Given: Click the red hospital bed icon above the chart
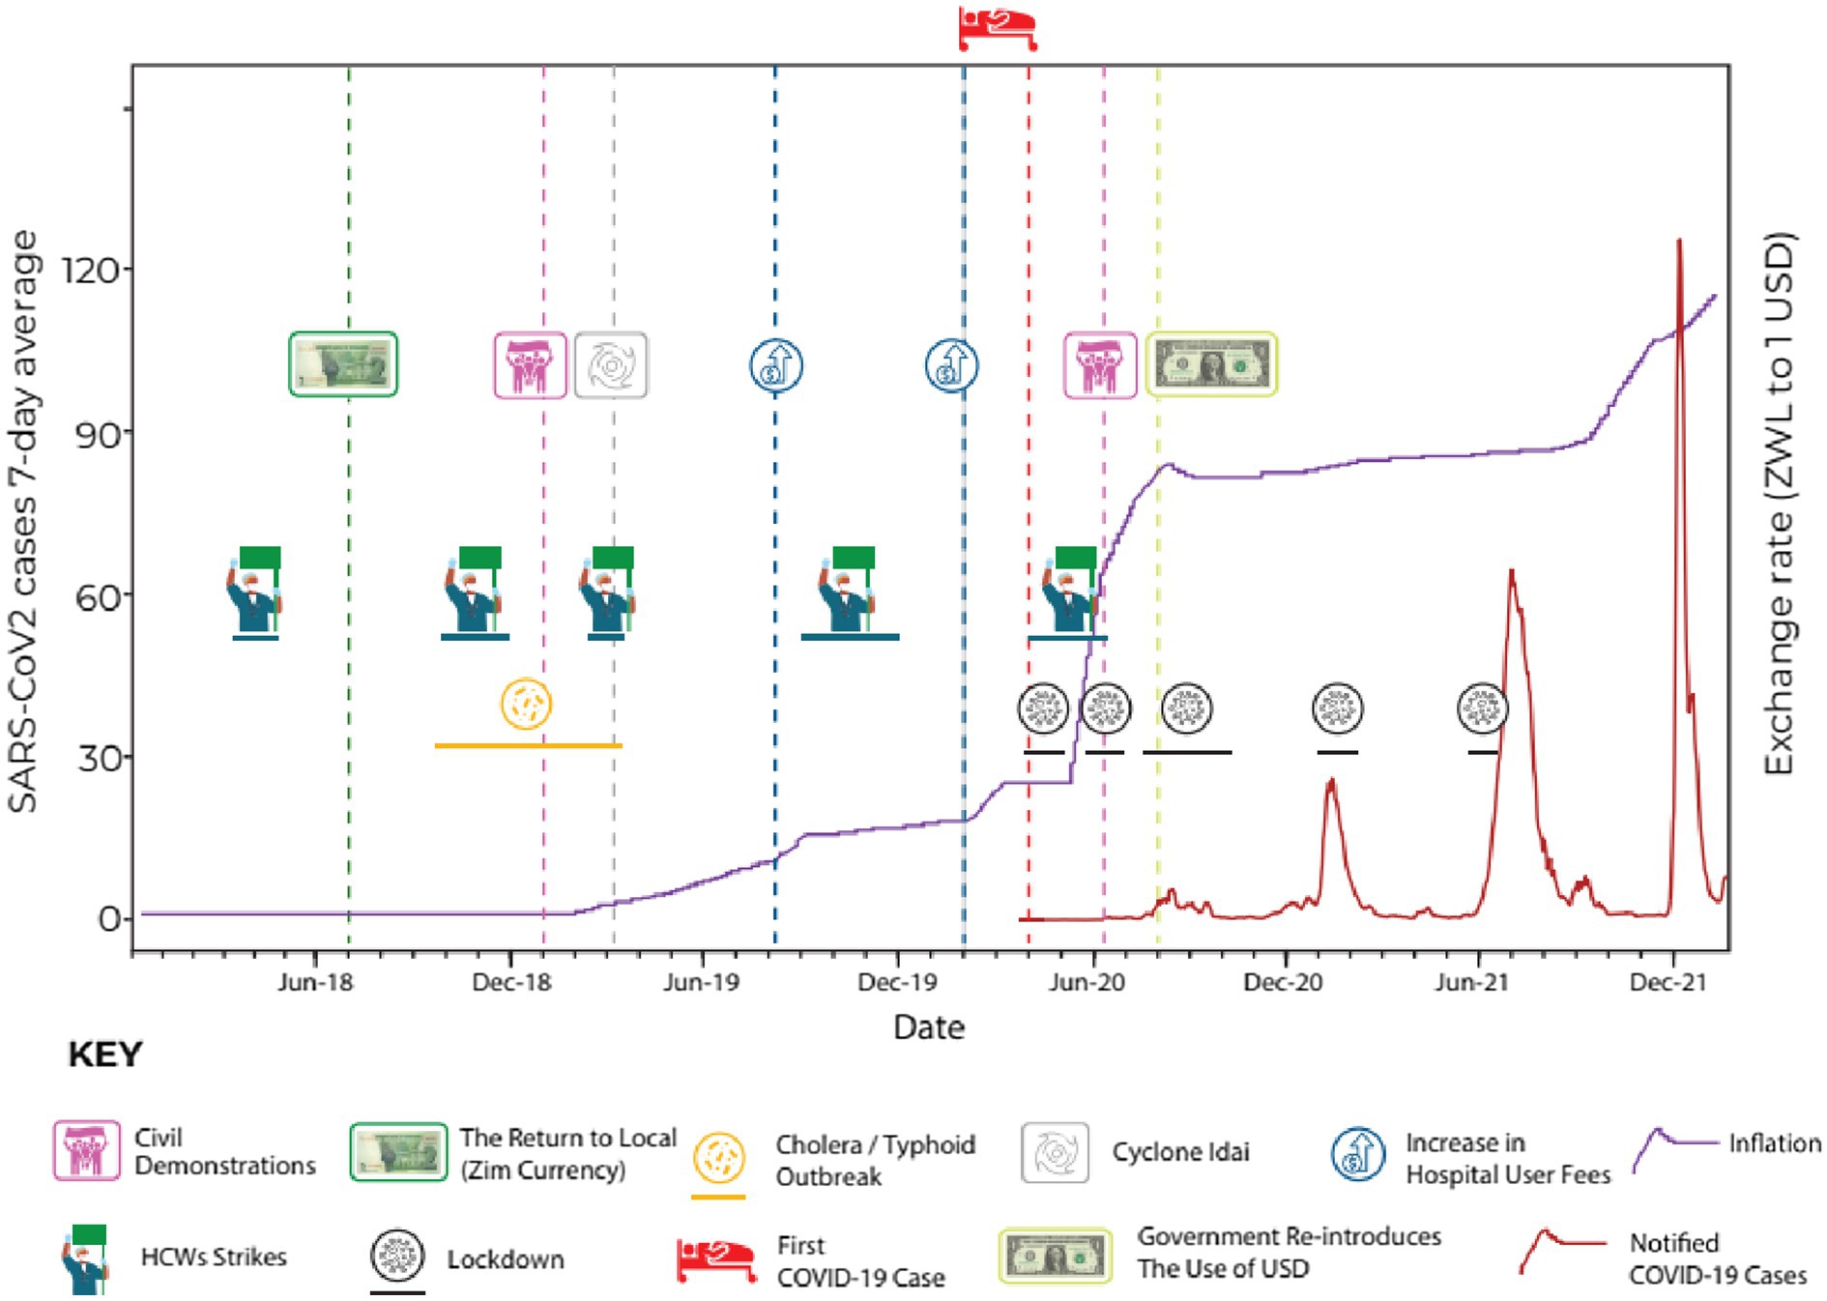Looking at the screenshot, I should coord(998,27).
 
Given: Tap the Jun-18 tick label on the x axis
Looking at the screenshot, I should coord(315,983).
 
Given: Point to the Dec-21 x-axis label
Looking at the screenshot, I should coord(1667,983).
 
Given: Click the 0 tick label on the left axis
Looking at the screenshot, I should coord(110,918).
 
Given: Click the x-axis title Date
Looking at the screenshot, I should coord(928,1026).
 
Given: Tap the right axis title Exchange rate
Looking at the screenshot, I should coord(1779,503).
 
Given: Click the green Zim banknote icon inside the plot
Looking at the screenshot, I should coord(343,364).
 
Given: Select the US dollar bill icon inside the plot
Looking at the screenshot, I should coord(1211,364).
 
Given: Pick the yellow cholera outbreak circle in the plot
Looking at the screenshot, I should coord(527,704).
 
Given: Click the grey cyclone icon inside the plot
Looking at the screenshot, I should coord(611,365).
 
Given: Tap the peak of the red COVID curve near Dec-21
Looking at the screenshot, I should coord(1679,242).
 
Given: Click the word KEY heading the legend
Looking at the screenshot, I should coord(104,1054).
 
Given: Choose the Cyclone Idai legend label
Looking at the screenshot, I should coord(1180,1152).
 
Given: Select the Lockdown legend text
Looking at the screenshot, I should coord(505,1259).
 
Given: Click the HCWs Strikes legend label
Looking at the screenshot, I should coord(214,1257).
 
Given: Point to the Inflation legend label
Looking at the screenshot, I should coord(1775,1143).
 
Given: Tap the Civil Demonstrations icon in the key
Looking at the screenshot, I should coord(87,1150).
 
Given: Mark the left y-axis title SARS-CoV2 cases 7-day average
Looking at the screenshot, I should coord(23,522).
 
